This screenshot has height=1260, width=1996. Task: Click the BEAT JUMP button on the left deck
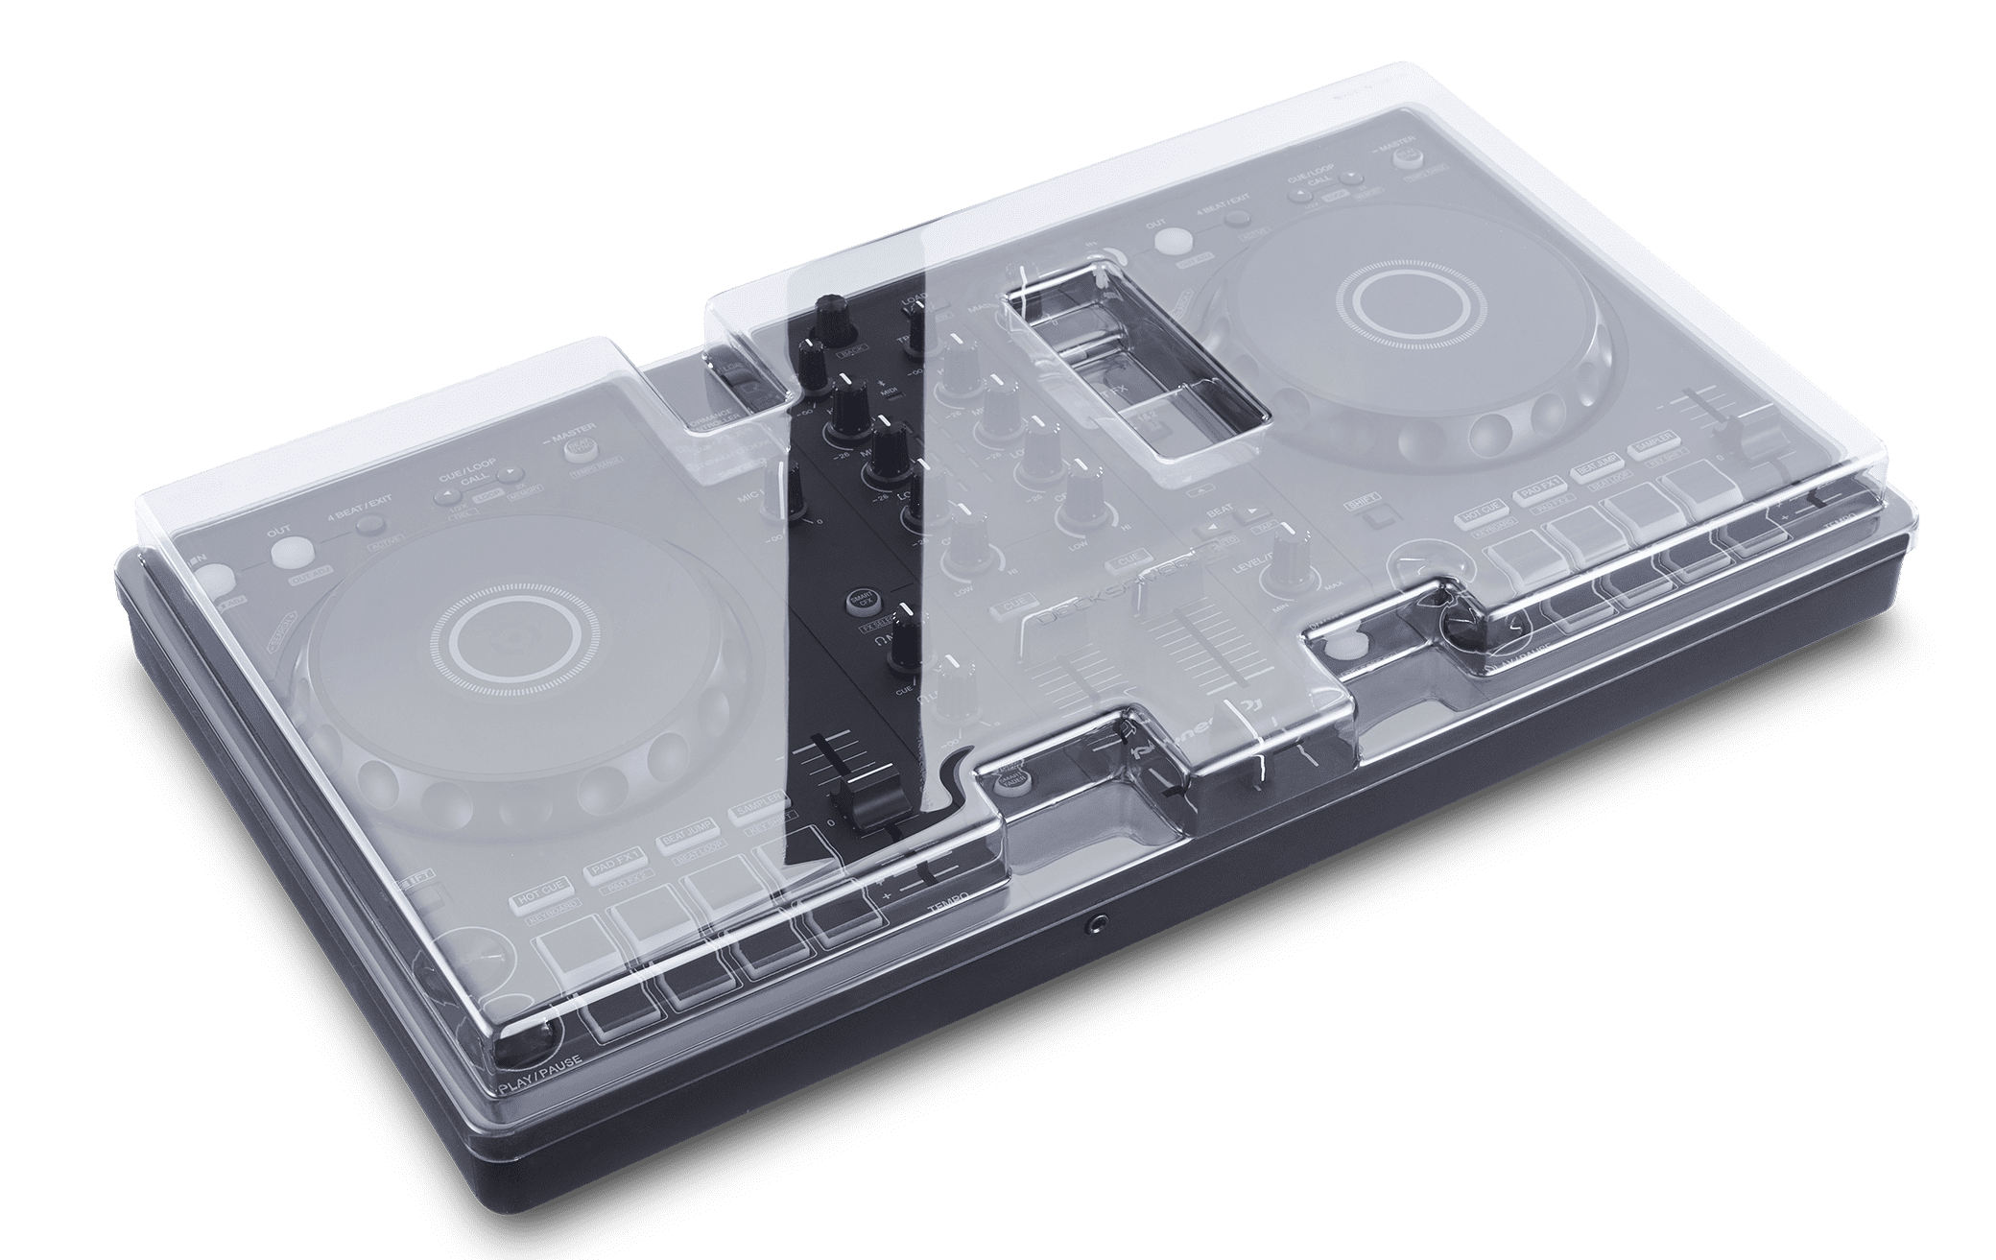click(683, 834)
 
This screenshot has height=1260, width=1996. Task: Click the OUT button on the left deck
click(285, 554)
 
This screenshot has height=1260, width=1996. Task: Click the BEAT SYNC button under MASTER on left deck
click(579, 447)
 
